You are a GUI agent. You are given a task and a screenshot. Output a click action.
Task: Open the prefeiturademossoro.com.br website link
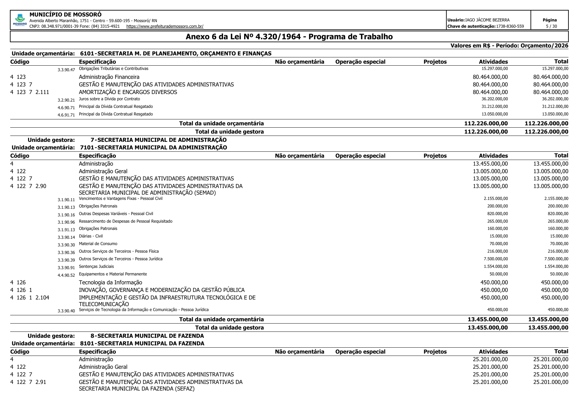point(165,26)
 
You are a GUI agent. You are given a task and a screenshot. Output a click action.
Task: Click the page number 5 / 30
point(549,26)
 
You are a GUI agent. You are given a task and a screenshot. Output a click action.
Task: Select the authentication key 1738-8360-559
point(510,26)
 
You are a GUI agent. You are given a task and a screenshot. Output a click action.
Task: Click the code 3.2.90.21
point(66,100)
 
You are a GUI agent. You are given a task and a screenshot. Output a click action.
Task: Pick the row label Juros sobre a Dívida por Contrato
point(109,99)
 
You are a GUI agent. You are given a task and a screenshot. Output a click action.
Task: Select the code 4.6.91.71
point(66,115)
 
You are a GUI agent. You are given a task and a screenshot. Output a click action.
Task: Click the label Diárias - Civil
point(91,236)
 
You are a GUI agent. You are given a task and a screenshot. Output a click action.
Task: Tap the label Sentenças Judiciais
point(96,267)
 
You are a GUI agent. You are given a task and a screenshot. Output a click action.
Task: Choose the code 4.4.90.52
point(66,275)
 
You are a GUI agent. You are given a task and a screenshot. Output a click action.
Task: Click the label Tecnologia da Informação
point(111,282)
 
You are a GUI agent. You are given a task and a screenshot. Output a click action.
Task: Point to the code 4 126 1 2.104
point(30,298)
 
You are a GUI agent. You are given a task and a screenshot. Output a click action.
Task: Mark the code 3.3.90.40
point(66,311)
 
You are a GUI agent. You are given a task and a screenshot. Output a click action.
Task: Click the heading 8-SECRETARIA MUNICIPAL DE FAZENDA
point(147,336)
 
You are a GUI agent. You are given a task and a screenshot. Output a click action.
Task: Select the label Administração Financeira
point(109,77)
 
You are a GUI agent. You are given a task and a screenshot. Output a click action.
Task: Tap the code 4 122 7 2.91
point(28,382)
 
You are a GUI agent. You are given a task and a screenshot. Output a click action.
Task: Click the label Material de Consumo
point(98,244)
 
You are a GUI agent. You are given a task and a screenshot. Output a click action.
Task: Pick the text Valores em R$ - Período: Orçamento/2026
point(509,46)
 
